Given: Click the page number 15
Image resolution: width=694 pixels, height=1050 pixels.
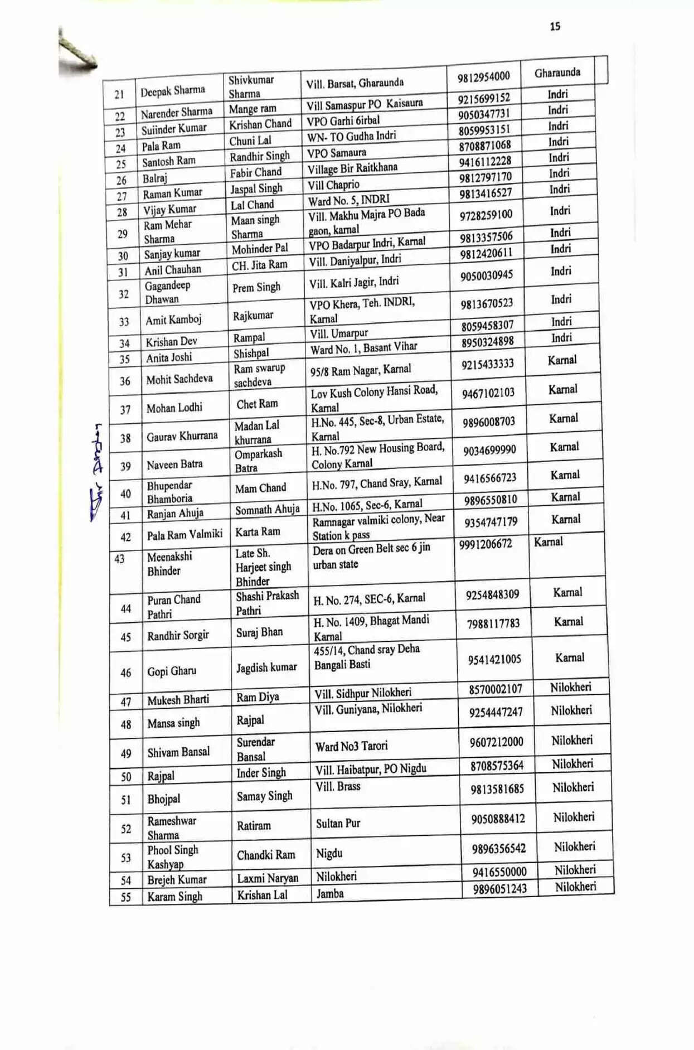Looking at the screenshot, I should pyautogui.click(x=555, y=26).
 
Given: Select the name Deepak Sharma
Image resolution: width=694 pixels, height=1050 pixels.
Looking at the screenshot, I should pyautogui.click(x=173, y=91).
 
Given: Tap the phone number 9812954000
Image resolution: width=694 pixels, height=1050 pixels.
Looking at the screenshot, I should pyautogui.click(x=483, y=76).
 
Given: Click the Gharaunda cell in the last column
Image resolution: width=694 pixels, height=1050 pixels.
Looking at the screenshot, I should pyautogui.click(x=557, y=72).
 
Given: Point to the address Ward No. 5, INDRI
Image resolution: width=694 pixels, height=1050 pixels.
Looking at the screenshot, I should pyautogui.click(x=349, y=199).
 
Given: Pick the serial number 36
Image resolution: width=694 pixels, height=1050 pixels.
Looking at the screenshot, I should pyautogui.click(x=125, y=381).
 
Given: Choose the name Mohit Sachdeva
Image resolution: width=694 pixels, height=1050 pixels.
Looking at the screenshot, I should pyautogui.click(x=179, y=379).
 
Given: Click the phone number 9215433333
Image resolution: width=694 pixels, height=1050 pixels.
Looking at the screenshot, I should pyautogui.click(x=487, y=364).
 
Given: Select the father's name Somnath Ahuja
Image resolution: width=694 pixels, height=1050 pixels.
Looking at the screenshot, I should pyautogui.click(x=267, y=510).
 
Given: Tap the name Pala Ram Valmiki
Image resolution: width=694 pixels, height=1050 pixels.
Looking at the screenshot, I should pyautogui.click(x=185, y=535).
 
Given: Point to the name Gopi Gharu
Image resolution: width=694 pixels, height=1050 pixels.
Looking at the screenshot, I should pyautogui.click(x=172, y=671).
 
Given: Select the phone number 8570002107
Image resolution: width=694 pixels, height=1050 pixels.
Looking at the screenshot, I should pyautogui.click(x=495, y=690).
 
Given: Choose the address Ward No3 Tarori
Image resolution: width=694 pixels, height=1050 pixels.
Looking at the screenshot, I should pyautogui.click(x=351, y=746).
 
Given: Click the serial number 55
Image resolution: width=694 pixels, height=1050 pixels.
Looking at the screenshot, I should pyautogui.click(x=126, y=897).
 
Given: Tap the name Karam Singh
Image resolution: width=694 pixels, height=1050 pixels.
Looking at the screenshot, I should pyautogui.click(x=174, y=897).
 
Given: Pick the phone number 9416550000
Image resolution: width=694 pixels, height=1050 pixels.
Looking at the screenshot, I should pyautogui.click(x=499, y=872).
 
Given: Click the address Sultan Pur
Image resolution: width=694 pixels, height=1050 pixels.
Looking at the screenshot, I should pyautogui.click(x=338, y=824).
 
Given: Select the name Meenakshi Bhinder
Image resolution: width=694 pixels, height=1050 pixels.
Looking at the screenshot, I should pyautogui.click(x=169, y=564).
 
